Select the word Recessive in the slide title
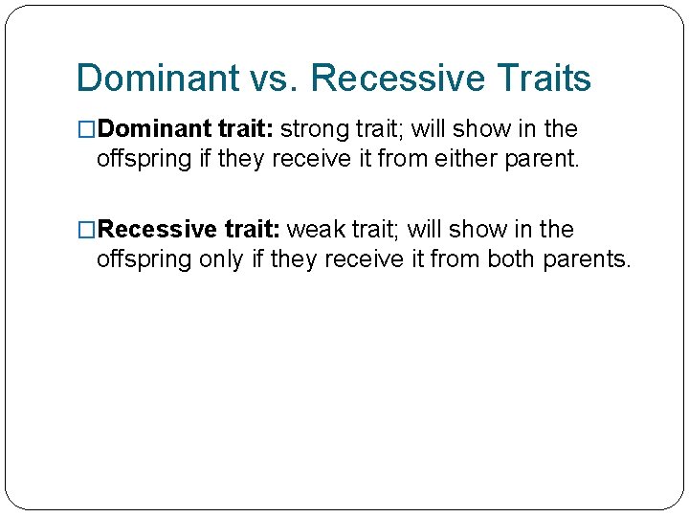coord(396,79)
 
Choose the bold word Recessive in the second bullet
coord(156,231)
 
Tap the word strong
coord(318,129)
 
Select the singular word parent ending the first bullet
coord(545,159)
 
